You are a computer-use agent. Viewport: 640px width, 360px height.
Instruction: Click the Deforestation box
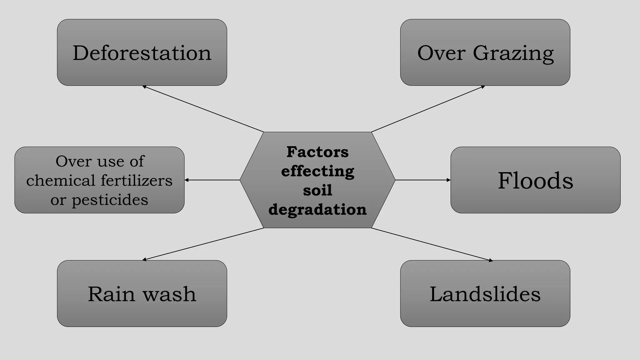(142, 52)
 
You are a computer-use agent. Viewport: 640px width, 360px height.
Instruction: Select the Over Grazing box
(485, 52)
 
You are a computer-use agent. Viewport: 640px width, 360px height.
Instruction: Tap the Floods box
(535, 180)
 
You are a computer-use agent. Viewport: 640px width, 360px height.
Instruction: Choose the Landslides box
(485, 294)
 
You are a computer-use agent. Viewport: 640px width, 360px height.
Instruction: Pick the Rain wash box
(142, 294)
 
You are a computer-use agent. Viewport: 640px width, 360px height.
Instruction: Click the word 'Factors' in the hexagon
(317, 152)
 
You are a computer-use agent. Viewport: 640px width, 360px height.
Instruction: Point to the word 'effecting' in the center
(317, 171)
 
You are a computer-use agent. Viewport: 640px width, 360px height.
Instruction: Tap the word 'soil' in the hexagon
(317, 190)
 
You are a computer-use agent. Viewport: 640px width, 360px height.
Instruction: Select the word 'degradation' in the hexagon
(317, 209)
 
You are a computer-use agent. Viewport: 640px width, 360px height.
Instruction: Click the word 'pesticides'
(110, 200)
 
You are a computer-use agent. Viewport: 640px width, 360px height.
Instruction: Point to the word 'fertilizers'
(137, 181)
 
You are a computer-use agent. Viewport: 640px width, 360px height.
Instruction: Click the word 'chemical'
(61, 181)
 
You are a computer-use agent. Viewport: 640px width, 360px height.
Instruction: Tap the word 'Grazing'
(513, 53)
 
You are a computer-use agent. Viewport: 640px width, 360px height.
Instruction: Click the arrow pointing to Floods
(423, 180)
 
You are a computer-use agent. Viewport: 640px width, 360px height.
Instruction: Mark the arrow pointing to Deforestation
(203, 109)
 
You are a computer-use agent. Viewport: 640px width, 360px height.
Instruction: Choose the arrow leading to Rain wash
(203, 244)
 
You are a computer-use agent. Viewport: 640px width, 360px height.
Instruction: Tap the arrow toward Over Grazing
(428, 109)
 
